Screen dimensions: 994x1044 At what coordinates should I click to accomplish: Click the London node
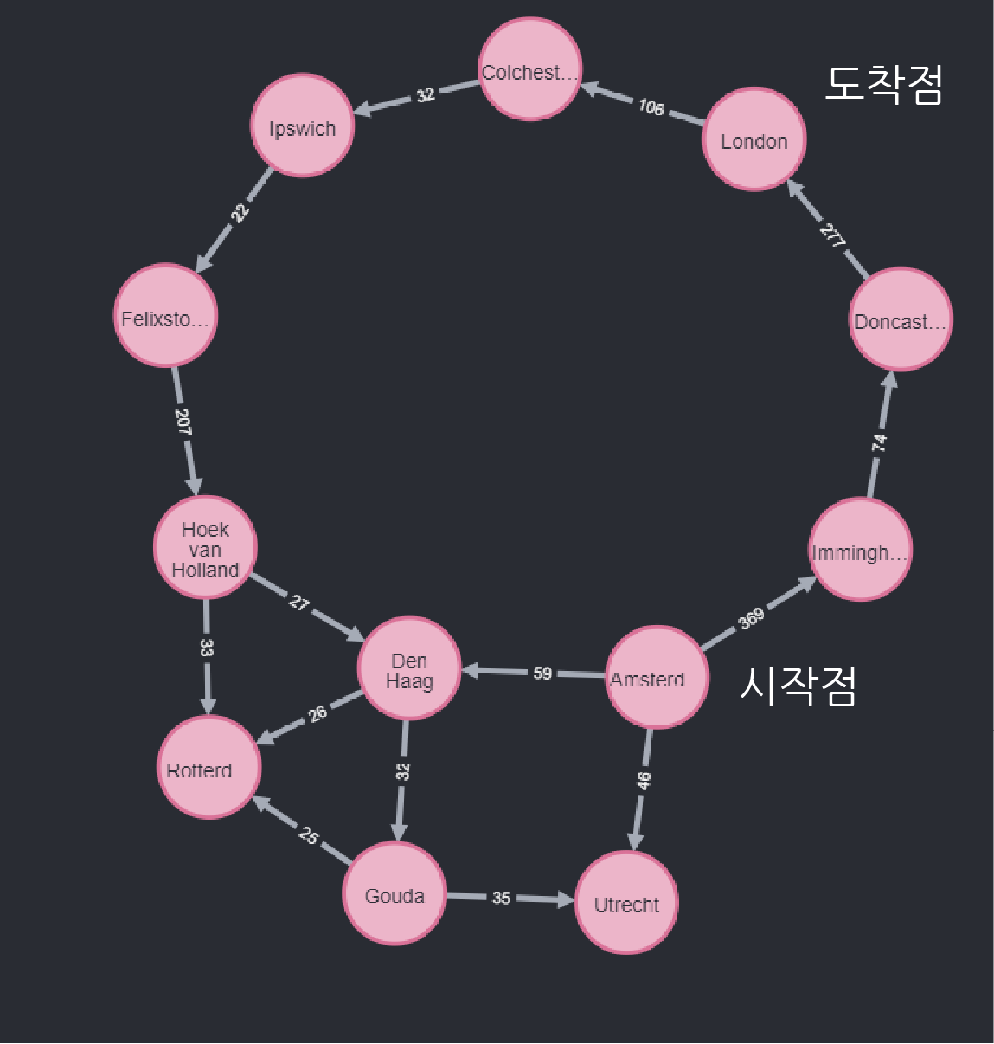pos(754,139)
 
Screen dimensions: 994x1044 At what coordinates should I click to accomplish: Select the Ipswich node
pos(302,126)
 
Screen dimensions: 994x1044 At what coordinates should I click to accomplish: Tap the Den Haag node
pos(409,668)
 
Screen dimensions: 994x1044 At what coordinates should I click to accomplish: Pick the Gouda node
pos(394,894)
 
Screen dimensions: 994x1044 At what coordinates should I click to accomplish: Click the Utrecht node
pos(627,903)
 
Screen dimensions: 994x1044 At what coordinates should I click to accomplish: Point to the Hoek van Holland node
pos(205,547)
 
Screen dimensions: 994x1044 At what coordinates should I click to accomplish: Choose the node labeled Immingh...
pos(860,551)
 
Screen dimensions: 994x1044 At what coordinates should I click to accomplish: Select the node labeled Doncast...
pos(901,319)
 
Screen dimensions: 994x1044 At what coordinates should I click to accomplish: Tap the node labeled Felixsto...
pos(165,316)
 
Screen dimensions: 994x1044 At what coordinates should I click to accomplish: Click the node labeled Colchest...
pos(530,70)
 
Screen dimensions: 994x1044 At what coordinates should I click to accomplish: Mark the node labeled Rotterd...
pos(208,768)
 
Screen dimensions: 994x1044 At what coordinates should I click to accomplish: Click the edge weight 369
pos(751,618)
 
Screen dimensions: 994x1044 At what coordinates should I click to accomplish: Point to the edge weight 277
pos(832,235)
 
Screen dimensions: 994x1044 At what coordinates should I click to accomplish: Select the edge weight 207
pos(183,422)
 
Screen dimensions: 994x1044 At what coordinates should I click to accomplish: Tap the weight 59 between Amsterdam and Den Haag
pos(542,673)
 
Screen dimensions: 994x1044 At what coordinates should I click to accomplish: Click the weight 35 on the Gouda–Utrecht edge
pos(502,898)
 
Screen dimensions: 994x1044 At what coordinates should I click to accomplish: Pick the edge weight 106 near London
pos(651,106)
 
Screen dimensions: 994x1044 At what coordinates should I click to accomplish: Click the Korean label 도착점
pos(883,84)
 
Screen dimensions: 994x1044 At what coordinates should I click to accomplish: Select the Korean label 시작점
pos(798,686)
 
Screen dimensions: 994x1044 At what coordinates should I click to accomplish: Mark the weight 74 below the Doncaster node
pos(879,442)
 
